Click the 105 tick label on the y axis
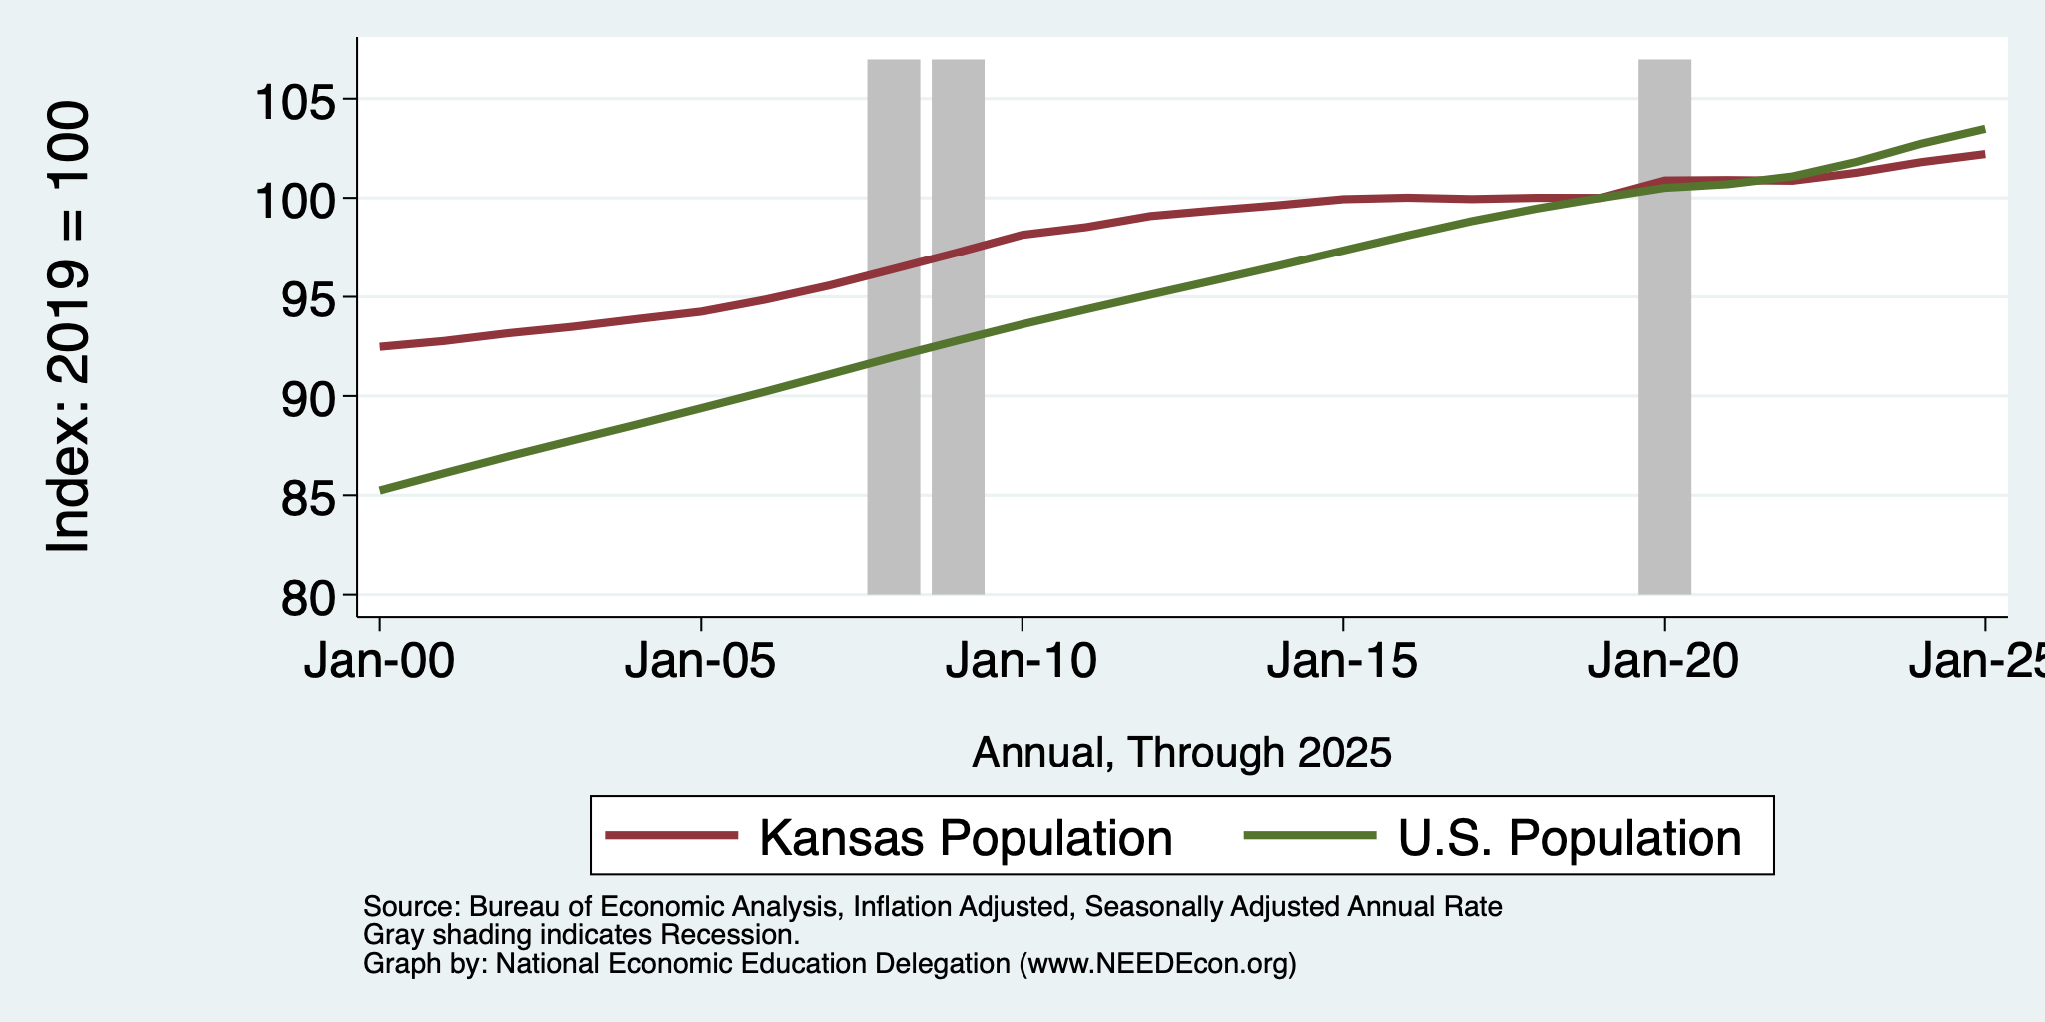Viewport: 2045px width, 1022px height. pos(298,101)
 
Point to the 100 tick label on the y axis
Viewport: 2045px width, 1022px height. pos(298,200)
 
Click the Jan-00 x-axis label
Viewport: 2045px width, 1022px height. pos(379,662)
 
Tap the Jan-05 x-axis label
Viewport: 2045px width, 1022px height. pos(701,662)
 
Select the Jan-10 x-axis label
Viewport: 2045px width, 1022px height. pos(1022,662)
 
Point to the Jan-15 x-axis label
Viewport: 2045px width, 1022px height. pos(1343,662)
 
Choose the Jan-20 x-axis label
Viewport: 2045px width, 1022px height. pos(1664,662)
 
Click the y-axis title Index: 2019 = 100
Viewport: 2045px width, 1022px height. pos(69,326)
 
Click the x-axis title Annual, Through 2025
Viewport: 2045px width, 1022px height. pos(1181,752)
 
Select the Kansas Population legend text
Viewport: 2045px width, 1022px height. pos(966,837)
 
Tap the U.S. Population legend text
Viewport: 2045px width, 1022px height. pos(1570,837)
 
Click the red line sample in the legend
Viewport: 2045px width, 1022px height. pos(672,836)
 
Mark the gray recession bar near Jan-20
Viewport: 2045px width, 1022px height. pos(1664,326)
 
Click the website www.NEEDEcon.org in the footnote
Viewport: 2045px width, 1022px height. pos(1157,964)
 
